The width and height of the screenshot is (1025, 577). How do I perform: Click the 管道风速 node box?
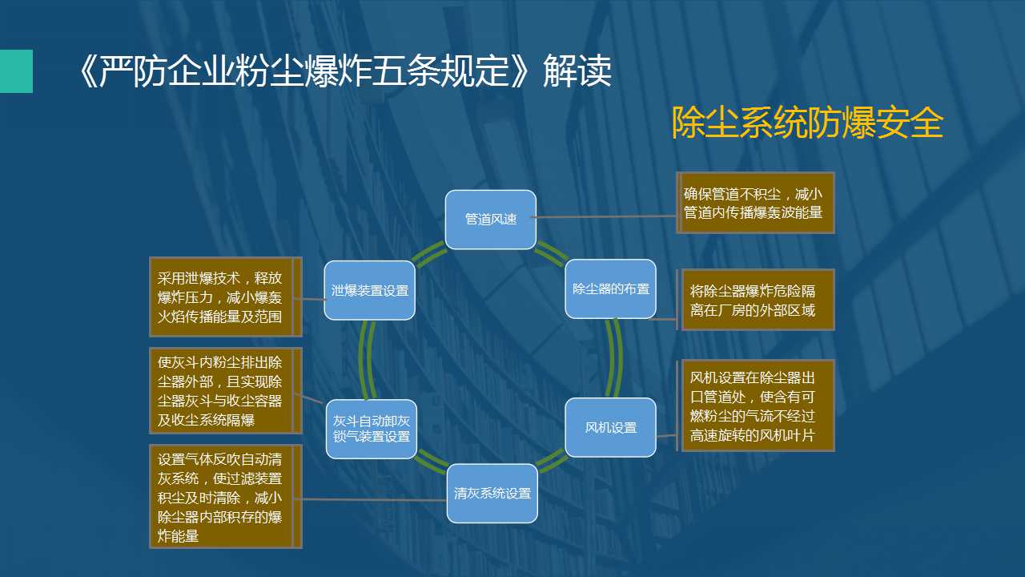(x=491, y=220)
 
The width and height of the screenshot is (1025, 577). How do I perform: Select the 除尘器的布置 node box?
(x=610, y=289)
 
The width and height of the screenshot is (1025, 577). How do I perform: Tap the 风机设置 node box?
(x=610, y=427)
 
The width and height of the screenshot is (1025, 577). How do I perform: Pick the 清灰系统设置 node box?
(x=492, y=493)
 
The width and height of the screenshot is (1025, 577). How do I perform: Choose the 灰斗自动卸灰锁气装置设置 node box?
(x=371, y=429)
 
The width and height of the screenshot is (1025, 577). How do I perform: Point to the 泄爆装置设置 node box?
(x=370, y=290)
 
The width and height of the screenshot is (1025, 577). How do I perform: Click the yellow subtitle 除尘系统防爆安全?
(x=807, y=123)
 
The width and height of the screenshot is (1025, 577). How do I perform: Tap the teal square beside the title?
(x=16, y=71)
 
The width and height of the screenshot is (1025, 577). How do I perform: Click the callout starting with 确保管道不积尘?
(x=755, y=203)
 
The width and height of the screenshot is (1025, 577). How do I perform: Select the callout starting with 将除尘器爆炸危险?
(x=755, y=300)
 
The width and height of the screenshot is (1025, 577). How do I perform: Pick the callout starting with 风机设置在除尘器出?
(x=755, y=406)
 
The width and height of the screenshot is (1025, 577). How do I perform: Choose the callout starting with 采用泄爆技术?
(x=226, y=297)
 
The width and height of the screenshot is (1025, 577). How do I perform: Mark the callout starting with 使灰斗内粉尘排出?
(x=226, y=390)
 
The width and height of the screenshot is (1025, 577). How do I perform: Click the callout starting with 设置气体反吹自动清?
(x=226, y=496)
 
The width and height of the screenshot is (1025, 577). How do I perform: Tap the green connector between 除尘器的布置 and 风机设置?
(x=616, y=358)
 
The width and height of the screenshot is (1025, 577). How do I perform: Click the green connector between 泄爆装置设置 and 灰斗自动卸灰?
(x=366, y=360)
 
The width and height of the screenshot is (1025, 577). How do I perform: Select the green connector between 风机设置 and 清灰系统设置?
(x=551, y=460)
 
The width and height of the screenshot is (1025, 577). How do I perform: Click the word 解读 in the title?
(x=577, y=71)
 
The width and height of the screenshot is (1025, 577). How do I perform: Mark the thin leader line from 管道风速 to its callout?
(x=603, y=216)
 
